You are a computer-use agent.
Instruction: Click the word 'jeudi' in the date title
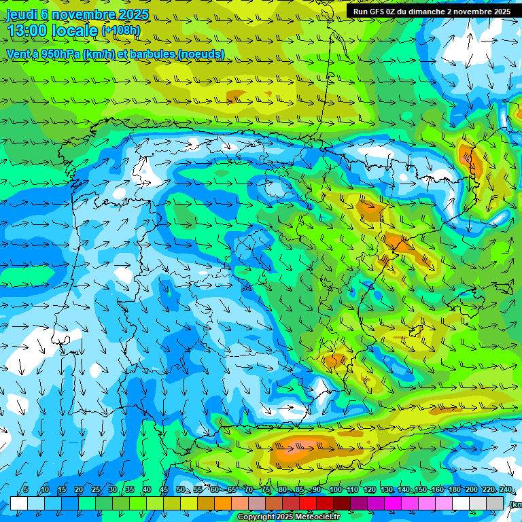click(22, 14)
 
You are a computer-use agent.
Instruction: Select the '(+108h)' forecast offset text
click(121, 30)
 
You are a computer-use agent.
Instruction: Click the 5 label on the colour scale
click(26, 490)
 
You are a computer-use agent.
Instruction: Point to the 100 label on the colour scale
click(336, 490)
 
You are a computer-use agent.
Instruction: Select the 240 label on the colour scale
click(506, 490)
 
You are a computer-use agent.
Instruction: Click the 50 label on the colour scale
click(181, 490)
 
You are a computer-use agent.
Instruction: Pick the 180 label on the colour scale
click(454, 490)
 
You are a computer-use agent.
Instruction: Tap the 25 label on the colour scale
click(95, 490)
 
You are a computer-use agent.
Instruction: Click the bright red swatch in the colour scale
click(308, 503)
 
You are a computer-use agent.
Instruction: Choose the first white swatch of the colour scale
click(19, 503)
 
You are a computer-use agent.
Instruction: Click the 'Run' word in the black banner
click(360, 12)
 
